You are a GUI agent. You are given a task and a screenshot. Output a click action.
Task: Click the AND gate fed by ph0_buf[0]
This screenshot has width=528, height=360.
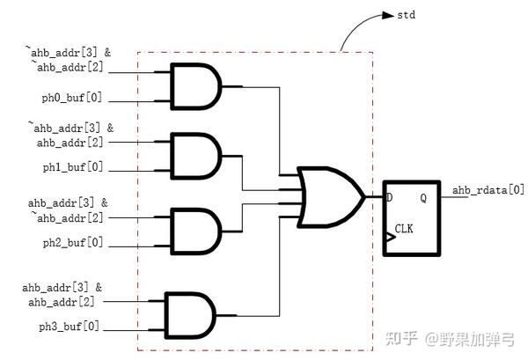196,86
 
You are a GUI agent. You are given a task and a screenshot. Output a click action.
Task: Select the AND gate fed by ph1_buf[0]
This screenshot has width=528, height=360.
196,156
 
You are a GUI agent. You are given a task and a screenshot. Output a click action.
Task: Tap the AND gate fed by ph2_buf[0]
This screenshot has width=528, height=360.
196,231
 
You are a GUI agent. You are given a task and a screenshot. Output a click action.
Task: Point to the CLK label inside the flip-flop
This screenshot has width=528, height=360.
404,228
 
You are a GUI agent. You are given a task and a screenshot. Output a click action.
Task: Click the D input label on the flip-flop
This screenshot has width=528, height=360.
389,198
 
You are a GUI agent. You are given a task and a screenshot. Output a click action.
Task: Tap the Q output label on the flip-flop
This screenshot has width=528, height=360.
423,198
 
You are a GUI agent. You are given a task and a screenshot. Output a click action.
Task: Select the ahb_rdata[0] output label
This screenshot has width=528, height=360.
488,189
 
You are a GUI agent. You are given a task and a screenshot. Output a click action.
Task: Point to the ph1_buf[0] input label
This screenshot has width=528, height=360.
70,166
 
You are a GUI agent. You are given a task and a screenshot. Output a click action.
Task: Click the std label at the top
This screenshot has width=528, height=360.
406,15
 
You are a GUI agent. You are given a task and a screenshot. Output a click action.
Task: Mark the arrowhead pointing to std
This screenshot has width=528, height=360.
391,15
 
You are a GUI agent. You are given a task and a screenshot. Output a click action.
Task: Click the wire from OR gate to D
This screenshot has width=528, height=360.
374,195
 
